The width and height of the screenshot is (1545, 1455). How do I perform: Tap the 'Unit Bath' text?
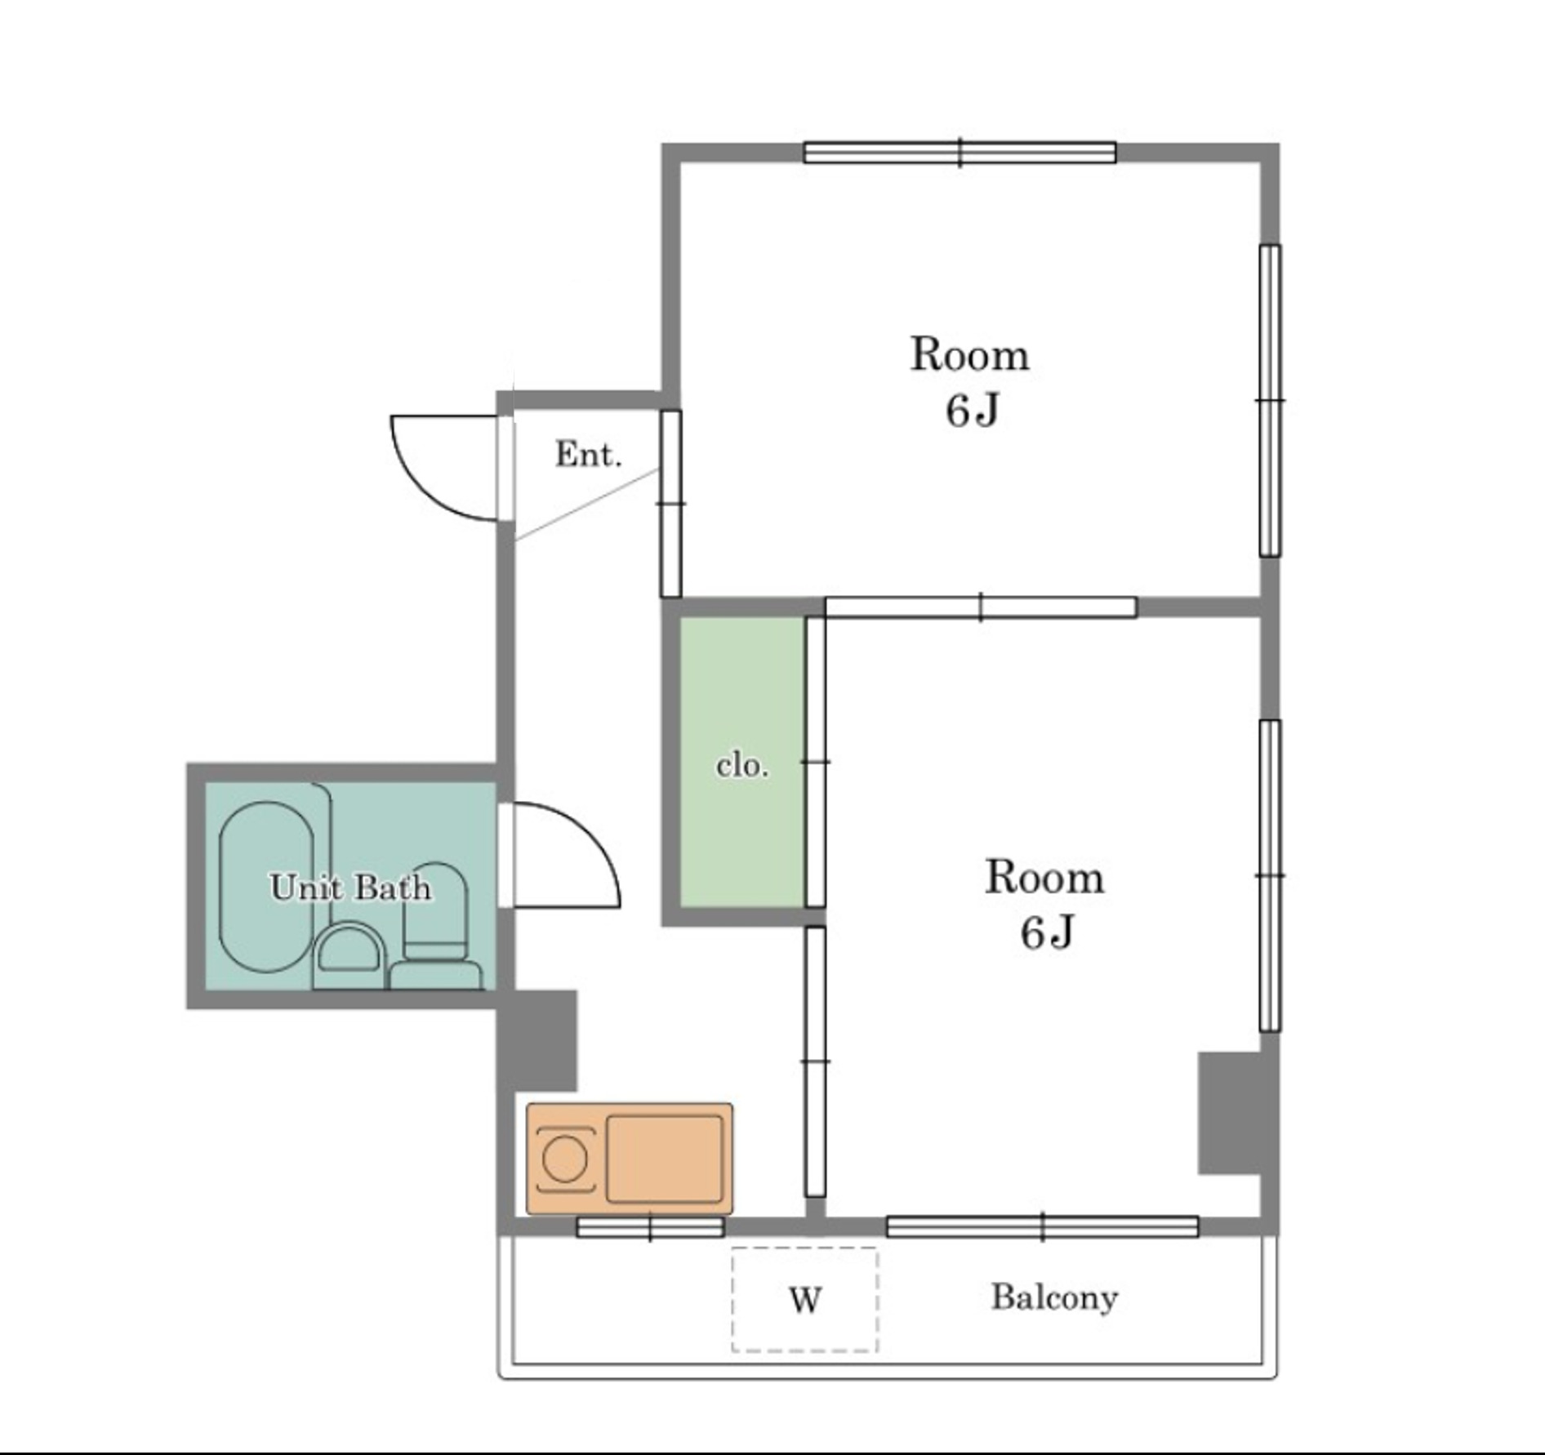(x=350, y=887)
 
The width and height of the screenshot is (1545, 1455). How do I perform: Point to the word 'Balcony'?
(x=1054, y=1297)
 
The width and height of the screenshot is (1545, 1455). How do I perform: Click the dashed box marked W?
(x=804, y=1300)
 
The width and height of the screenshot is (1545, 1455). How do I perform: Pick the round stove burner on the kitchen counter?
(x=564, y=1159)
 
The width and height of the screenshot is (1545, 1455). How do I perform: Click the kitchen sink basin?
(x=665, y=1159)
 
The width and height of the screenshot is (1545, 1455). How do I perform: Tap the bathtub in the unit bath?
(x=266, y=887)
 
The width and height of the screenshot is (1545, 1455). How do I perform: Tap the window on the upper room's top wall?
(x=960, y=153)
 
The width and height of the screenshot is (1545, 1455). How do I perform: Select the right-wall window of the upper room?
(x=1270, y=401)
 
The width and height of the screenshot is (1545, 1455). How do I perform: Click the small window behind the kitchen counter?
(x=650, y=1226)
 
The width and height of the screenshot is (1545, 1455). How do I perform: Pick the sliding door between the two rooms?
(x=981, y=607)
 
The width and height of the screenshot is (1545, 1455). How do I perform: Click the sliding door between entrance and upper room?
(x=670, y=504)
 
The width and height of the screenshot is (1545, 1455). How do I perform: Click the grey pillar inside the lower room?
(x=1230, y=1113)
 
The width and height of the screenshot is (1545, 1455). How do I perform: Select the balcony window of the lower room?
(x=1043, y=1226)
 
